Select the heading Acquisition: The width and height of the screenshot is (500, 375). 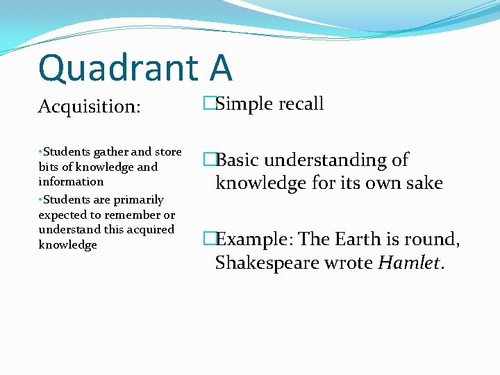(x=90, y=107)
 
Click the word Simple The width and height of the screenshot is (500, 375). (x=244, y=104)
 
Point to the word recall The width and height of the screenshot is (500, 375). (x=301, y=104)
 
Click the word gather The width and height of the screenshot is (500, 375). (x=110, y=152)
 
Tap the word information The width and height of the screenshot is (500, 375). (x=71, y=182)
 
